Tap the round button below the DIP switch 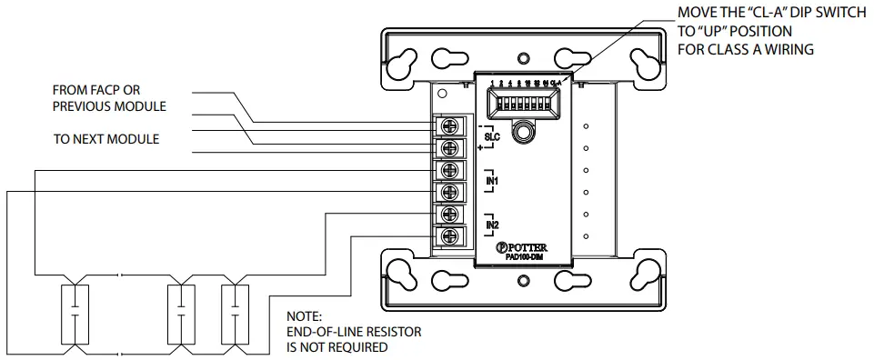click(523, 134)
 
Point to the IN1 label click(491, 181)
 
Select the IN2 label click(491, 225)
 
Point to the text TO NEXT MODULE click(106, 139)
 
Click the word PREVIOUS click(86, 106)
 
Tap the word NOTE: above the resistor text click(304, 316)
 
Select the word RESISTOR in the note click(390, 332)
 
